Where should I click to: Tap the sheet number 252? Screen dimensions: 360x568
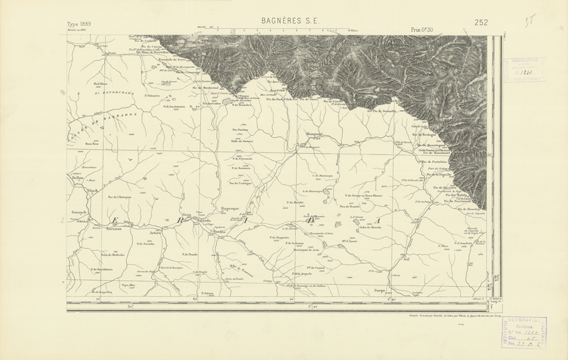click(482, 23)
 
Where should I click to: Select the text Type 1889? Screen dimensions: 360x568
click(80, 24)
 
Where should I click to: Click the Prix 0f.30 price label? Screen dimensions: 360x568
click(422, 29)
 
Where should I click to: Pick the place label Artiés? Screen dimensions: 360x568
click(156, 232)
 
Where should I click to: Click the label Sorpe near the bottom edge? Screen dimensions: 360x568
click(380, 291)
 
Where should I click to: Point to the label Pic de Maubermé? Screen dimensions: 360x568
click(206, 87)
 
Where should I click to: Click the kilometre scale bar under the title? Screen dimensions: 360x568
click(273, 31)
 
